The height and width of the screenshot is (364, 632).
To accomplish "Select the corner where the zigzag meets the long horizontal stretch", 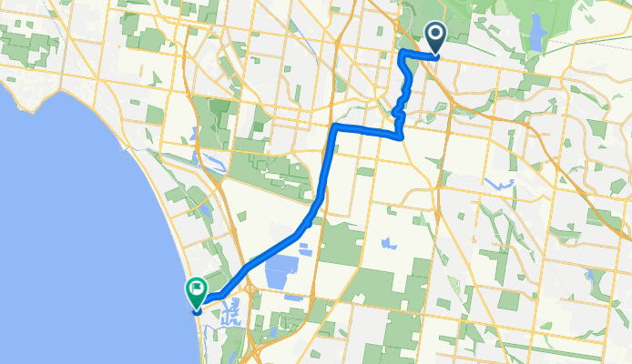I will click(x=402, y=136).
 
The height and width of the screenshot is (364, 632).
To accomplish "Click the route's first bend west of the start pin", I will click(x=402, y=56).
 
